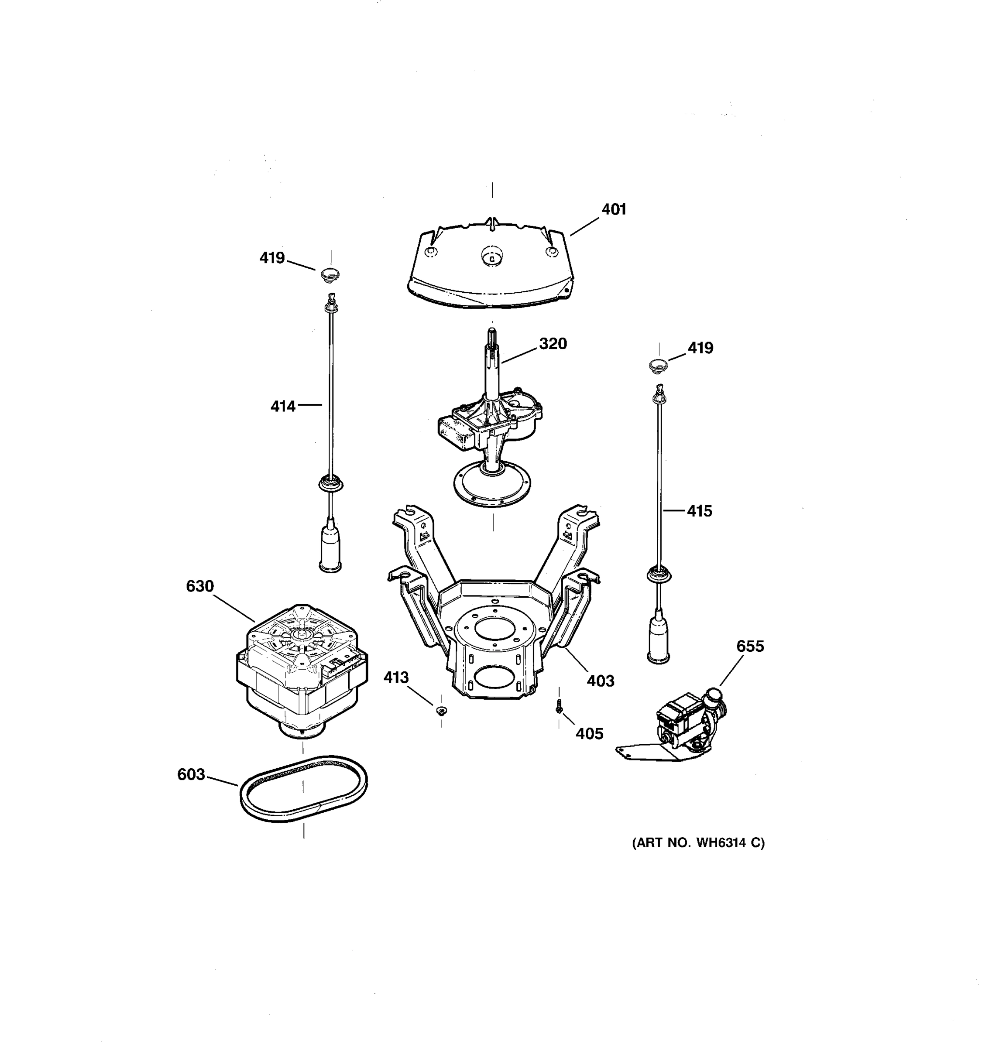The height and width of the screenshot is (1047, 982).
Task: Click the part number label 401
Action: click(x=613, y=209)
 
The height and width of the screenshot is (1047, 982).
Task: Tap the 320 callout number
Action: click(x=553, y=344)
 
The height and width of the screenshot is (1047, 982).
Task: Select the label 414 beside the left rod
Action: click(x=283, y=407)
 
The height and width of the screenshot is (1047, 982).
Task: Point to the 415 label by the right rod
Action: click(x=699, y=511)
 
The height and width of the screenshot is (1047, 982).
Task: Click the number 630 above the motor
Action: click(x=199, y=586)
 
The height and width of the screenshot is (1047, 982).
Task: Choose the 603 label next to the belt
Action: click(x=191, y=774)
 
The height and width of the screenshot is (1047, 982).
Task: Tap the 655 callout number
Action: click(x=750, y=646)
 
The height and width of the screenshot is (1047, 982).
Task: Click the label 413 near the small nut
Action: click(x=396, y=677)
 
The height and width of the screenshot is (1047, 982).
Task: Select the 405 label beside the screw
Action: click(x=589, y=734)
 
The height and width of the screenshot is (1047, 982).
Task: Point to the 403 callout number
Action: click(x=601, y=681)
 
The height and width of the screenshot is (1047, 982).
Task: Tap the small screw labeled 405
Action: click(x=559, y=709)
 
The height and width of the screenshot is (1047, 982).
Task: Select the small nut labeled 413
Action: click(x=442, y=711)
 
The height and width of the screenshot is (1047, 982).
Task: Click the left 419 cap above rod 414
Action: click(x=330, y=274)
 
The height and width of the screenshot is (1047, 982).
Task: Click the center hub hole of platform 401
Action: click(x=491, y=257)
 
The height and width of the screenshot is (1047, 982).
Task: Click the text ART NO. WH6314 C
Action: click(x=698, y=843)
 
